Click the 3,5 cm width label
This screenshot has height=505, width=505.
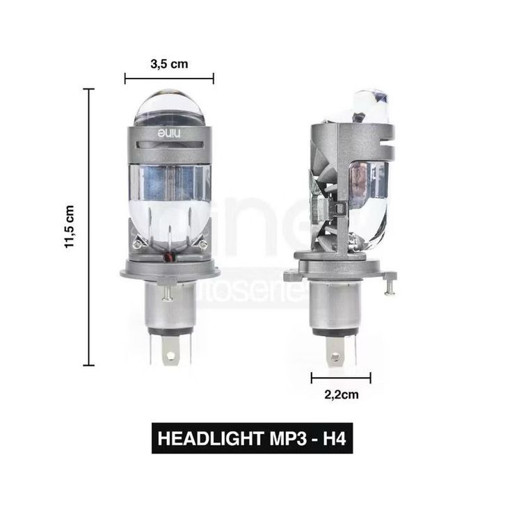click(169, 64)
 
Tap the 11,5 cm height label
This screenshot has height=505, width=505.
click(70, 227)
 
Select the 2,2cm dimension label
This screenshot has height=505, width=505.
click(342, 394)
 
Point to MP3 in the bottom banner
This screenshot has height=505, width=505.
click(288, 438)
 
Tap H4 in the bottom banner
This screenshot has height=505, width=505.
click(335, 438)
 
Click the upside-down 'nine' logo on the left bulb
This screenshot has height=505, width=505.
click(170, 134)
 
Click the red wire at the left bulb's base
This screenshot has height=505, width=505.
click(169, 257)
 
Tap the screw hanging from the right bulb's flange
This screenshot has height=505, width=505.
click(390, 287)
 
